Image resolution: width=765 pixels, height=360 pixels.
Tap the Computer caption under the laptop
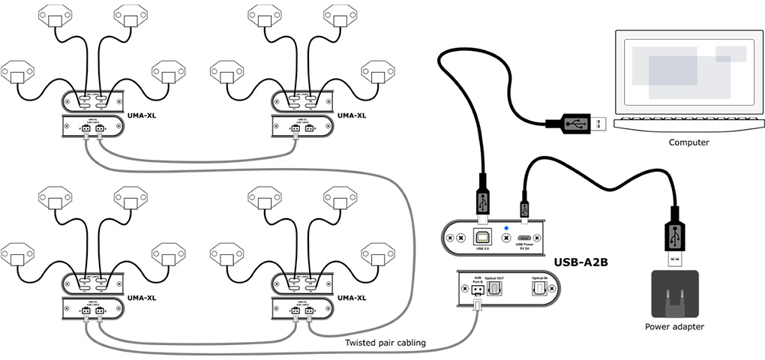pos(689,142)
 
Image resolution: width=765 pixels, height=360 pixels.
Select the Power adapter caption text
pos(674,326)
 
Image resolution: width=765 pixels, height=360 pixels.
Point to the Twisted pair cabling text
pos(385,343)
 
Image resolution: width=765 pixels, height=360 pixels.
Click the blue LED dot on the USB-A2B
pos(506,227)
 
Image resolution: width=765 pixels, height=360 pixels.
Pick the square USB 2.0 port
pos(481,238)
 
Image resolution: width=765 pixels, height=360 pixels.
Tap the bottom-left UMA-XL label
pos(142,297)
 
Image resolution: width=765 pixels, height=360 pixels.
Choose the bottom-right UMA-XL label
pos(352,297)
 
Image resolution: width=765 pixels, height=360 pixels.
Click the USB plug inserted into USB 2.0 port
pos(481,201)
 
